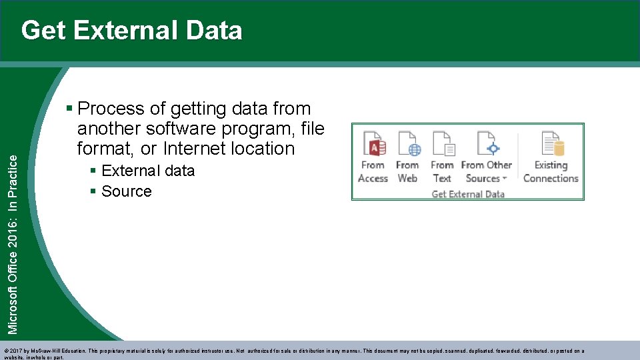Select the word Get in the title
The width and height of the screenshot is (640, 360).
point(44,31)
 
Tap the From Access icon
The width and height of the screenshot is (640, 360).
point(374,143)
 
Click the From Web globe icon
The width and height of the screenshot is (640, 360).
point(408,143)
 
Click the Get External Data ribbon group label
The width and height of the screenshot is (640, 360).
point(468,194)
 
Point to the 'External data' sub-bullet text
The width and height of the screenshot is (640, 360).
point(148,171)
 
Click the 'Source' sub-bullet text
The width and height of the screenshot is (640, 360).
point(127,191)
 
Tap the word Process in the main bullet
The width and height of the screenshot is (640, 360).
point(111,109)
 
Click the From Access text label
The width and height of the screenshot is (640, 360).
point(373,172)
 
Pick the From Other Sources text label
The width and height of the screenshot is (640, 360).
point(487,172)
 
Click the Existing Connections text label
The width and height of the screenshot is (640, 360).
point(551,172)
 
